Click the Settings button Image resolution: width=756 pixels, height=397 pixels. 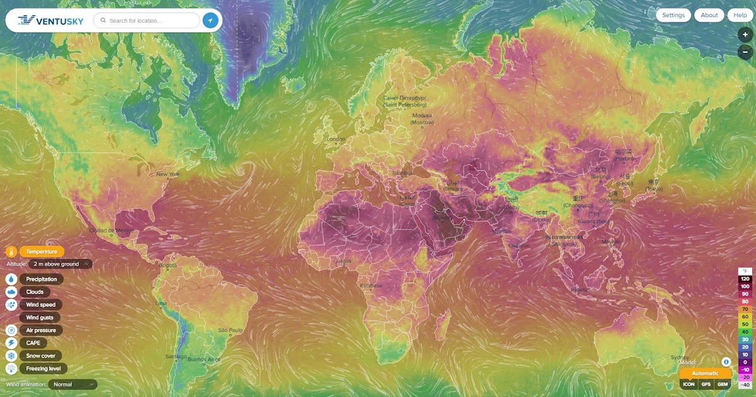[673, 15]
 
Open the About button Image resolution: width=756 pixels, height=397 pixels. [709, 15]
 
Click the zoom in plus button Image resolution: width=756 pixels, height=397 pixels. [745, 35]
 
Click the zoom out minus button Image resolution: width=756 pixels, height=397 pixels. [745, 53]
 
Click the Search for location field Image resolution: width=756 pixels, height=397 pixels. [147, 21]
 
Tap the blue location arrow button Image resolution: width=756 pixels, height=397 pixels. [210, 21]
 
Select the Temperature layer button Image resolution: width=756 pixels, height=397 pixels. [42, 251]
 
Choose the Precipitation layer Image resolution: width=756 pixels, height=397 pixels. [42, 279]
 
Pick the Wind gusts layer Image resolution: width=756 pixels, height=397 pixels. [40, 318]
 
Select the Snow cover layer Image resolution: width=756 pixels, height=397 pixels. [40, 355]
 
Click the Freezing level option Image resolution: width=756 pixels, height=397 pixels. [43, 368]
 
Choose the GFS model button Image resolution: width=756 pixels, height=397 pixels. [706, 384]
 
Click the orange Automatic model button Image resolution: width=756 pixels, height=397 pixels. [705, 373]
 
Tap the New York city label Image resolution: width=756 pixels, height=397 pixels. [168, 174]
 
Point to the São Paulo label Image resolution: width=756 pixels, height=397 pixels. [231, 330]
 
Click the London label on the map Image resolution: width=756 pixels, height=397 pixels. [336, 139]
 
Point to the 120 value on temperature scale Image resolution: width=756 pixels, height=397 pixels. [745, 279]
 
